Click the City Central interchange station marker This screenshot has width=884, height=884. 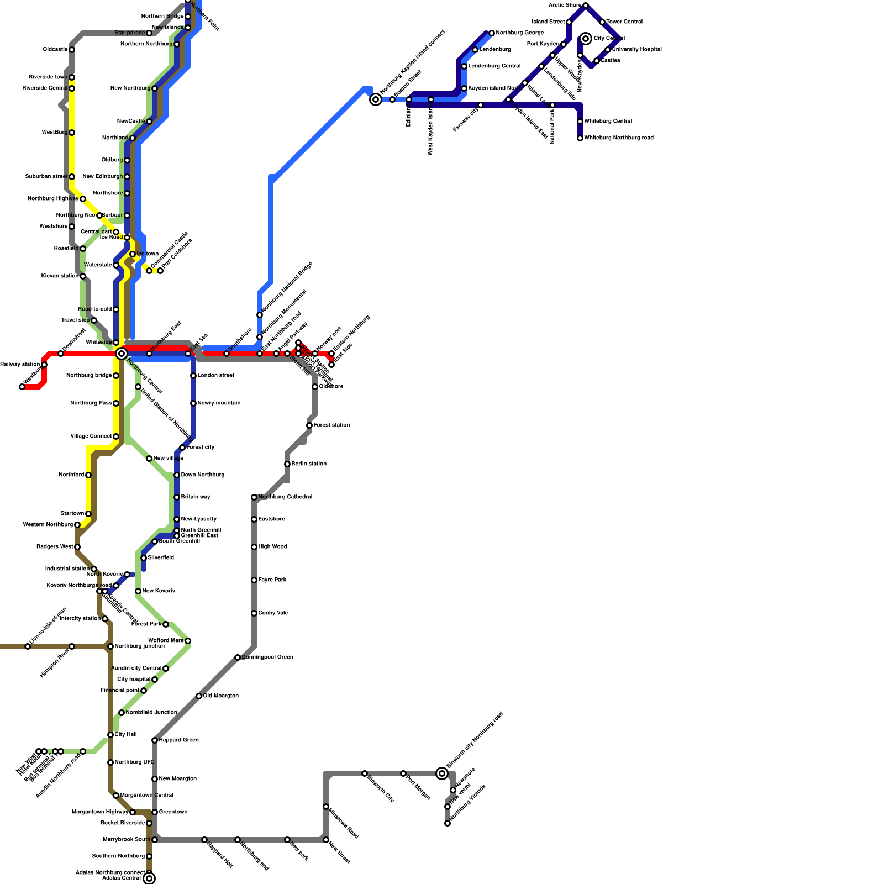point(586,39)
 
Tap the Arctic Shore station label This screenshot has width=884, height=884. point(565,6)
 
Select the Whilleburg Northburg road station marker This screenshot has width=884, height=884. point(580,138)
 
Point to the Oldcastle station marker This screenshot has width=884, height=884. point(72,50)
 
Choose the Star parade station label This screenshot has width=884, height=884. point(130,33)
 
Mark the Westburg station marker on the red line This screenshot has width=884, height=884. point(22,387)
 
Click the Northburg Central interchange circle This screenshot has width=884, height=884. point(122,354)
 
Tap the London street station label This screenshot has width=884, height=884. point(216,376)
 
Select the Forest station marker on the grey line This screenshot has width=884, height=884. point(309,425)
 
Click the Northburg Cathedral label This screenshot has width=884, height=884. point(285,497)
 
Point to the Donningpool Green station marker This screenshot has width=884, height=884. point(238,657)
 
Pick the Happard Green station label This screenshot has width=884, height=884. point(178,740)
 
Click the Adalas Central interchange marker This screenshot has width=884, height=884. point(149,878)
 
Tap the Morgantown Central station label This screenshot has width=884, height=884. point(147,796)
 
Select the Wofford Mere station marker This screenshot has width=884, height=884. point(188,641)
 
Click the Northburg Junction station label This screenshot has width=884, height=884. point(140,646)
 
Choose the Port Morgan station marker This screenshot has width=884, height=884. point(403,773)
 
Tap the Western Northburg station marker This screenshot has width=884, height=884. point(77,525)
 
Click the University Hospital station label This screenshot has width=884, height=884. point(637,50)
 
